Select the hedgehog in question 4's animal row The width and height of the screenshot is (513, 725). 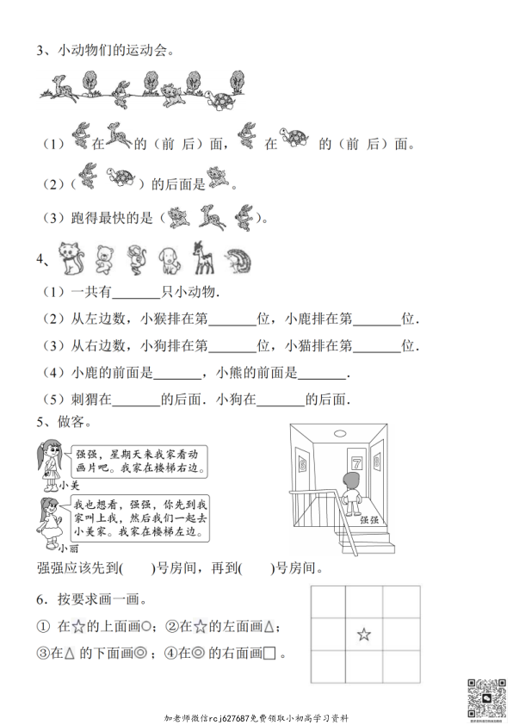point(236,258)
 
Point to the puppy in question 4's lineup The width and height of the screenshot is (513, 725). point(169,258)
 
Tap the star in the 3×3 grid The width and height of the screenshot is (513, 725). point(364,635)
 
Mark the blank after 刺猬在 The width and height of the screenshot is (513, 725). point(136,400)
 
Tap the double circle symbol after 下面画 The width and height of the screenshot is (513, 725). point(140,654)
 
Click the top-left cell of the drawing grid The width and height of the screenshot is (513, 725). point(326,602)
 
